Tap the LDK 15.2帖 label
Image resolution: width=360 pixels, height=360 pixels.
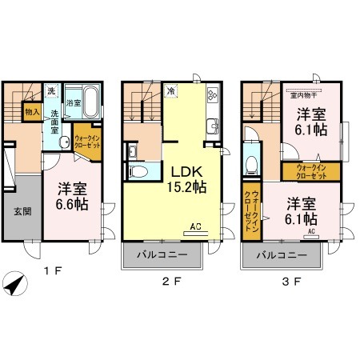(x=187, y=178)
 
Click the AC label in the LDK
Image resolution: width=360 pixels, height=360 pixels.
(x=195, y=227)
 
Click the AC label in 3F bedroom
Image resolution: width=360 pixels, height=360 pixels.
(x=311, y=231)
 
